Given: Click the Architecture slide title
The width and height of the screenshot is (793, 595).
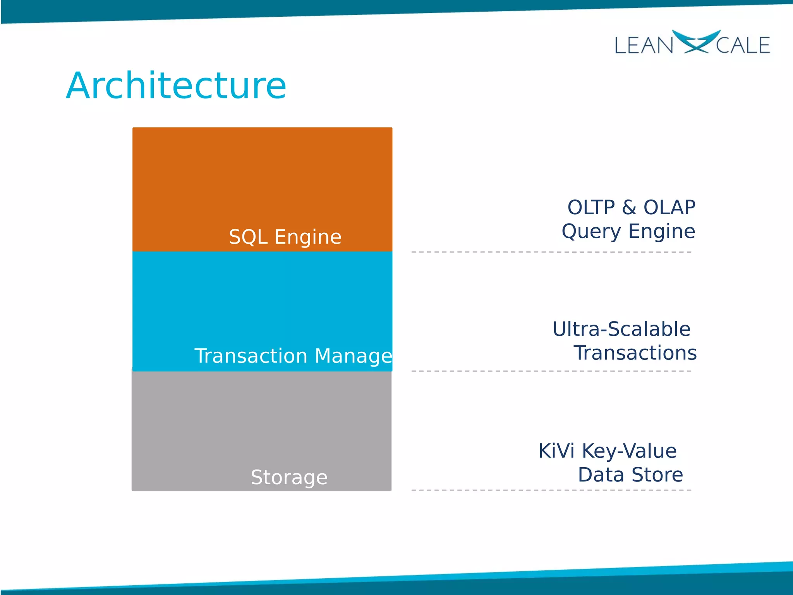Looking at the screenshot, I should (x=176, y=86).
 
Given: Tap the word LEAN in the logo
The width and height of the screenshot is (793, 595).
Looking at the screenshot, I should (x=644, y=45).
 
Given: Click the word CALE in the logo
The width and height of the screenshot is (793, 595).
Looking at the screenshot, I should (x=743, y=45).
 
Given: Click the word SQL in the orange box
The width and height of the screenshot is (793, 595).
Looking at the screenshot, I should (x=248, y=237).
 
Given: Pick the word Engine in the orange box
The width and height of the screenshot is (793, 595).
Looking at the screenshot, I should (x=308, y=237).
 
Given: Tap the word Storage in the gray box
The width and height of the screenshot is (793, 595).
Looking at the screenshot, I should (x=289, y=477).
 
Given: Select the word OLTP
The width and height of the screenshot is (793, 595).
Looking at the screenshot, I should (x=591, y=207).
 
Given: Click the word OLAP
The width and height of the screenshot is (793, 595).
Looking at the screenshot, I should (x=669, y=207).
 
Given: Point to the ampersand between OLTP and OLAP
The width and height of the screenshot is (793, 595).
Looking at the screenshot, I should (x=629, y=207).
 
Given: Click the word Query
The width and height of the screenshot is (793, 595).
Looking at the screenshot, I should (x=591, y=232).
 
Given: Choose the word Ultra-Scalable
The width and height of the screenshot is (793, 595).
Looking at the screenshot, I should (x=621, y=329).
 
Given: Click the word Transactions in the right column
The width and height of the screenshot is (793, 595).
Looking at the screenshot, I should (x=635, y=353).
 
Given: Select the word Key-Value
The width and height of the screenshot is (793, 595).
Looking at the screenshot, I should (x=629, y=452).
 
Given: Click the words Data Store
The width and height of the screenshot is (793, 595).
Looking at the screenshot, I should (x=630, y=475).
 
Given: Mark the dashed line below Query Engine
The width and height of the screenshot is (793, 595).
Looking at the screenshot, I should (x=551, y=252).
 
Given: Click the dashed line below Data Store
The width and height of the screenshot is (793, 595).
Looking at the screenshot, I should (x=551, y=490).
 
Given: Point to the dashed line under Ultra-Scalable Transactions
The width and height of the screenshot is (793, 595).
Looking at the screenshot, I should (x=551, y=371).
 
